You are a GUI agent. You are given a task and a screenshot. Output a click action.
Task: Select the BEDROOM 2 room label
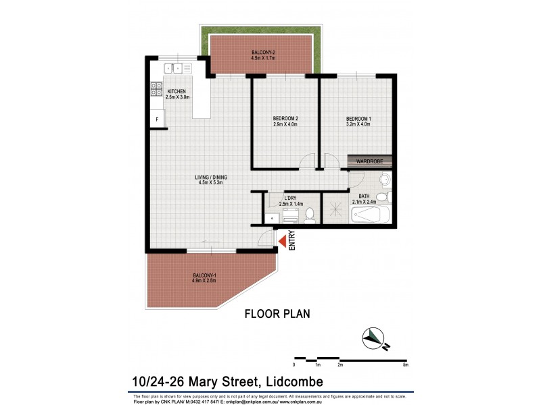tap(285, 122)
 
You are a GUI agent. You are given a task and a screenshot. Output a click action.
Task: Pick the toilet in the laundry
tap(310, 214)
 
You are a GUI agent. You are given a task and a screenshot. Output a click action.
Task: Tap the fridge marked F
tap(157, 119)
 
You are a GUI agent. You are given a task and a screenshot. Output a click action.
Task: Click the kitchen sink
tap(174, 67)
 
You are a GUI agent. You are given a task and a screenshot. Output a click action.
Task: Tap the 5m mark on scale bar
tap(405, 364)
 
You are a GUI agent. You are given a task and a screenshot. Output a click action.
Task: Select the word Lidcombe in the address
tap(287, 381)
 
